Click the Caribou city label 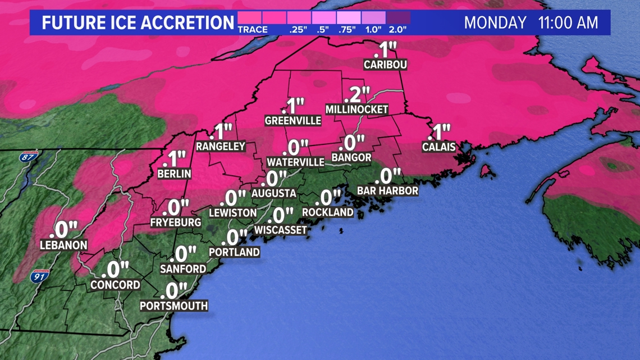(x=385, y=65)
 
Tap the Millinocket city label (x=357, y=110)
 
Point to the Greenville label (x=293, y=120)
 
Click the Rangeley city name (x=221, y=146)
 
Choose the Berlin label (x=174, y=174)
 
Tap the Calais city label (x=438, y=147)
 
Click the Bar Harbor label (x=387, y=191)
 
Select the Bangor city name (x=351, y=158)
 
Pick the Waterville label (x=295, y=162)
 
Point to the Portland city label (x=234, y=252)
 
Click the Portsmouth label (x=173, y=306)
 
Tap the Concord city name (x=116, y=285)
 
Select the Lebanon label (x=63, y=245)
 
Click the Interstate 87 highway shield (x=28, y=157)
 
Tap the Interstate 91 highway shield (x=39, y=276)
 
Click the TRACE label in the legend (x=253, y=29)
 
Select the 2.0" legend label (x=397, y=29)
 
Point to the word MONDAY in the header (x=495, y=23)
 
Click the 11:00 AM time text (x=568, y=23)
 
